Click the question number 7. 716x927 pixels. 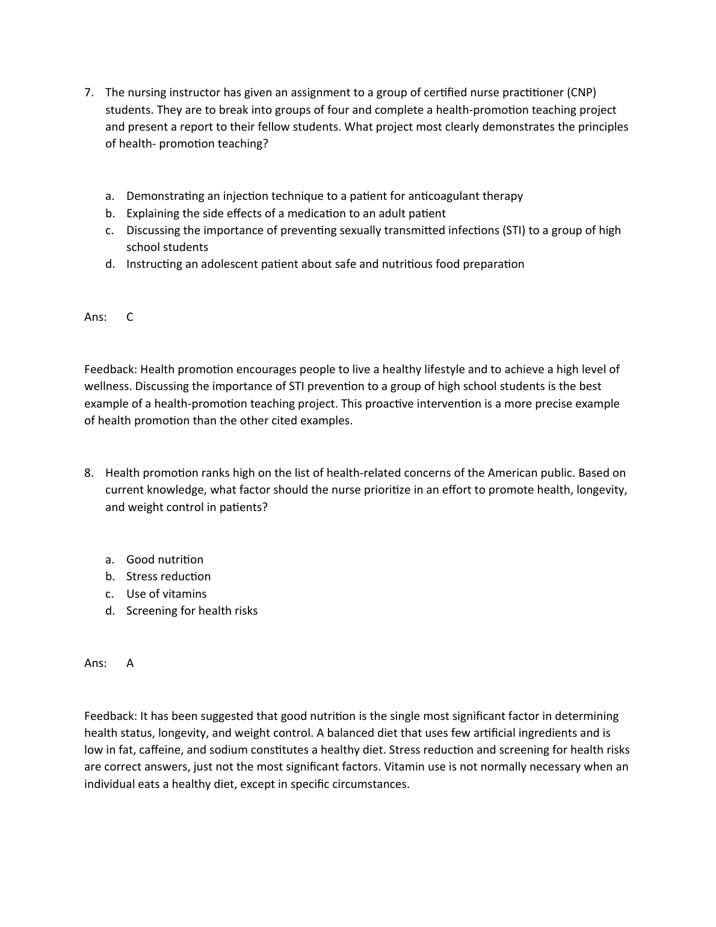pos(88,93)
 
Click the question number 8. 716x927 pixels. pos(88,473)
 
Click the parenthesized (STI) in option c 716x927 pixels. pos(513,231)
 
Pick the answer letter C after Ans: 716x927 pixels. pos(130,317)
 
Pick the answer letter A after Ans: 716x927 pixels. pos(130,663)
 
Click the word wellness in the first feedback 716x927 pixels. pos(106,386)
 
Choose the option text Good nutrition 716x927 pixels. pos(165,560)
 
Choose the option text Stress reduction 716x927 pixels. pos(168,577)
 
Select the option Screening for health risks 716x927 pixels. pos(192,611)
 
